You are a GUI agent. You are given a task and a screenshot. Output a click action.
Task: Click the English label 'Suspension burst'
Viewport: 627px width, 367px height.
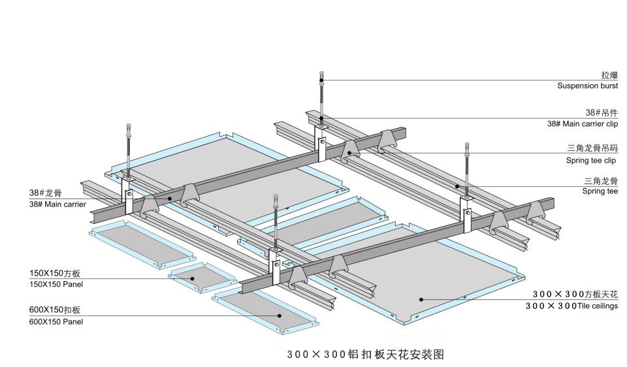(x=587, y=86)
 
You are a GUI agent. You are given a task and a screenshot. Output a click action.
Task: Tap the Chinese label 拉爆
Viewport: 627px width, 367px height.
(x=609, y=75)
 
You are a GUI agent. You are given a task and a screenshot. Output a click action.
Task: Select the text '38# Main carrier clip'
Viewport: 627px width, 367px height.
(x=582, y=123)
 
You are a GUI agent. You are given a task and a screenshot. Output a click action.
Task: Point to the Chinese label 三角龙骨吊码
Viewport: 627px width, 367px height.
(x=592, y=148)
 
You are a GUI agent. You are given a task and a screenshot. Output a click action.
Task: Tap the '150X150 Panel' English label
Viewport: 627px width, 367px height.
(x=56, y=284)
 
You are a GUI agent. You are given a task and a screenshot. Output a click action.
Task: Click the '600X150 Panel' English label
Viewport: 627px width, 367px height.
(x=56, y=321)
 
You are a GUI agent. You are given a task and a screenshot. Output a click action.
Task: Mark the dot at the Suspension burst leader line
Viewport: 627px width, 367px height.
(x=321, y=80)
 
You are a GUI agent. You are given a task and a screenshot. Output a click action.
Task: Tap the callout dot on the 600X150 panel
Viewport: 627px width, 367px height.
(x=280, y=315)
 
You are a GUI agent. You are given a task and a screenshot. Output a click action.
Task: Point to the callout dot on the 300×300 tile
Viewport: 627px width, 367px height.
(x=421, y=300)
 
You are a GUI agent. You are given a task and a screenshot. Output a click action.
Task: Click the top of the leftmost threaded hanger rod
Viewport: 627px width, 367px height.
(x=129, y=127)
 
